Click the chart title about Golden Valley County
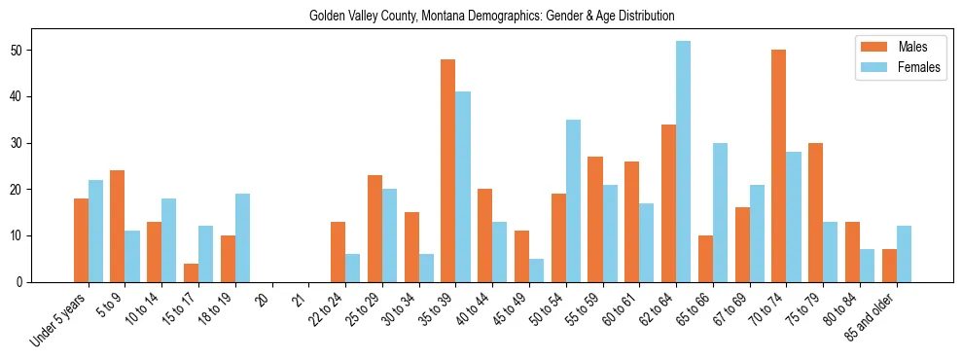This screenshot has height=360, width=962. coord(491,17)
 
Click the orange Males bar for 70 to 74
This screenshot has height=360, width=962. coord(778,165)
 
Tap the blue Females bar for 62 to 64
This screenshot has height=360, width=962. coord(683,162)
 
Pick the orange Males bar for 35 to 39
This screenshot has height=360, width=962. coord(447,170)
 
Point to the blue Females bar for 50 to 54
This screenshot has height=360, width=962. coord(573,200)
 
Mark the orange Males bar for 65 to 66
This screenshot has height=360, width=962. coord(705,259)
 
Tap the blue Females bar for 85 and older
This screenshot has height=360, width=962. coord(904,254)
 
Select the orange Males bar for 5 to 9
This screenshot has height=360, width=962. coord(117,226)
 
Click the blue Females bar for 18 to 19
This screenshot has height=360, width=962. coord(242,237)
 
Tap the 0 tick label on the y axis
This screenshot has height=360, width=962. coord(28,282)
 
